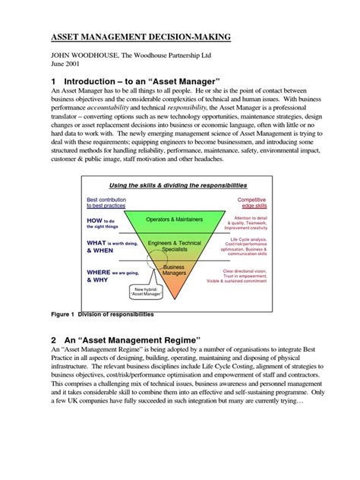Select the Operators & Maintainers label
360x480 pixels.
[x=174, y=219]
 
